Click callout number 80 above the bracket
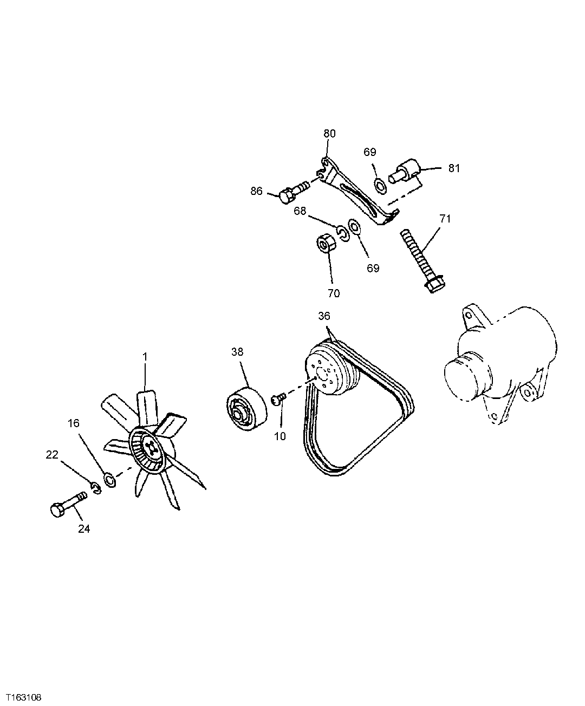[x=329, y=133]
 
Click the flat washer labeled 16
[x=109, y=479]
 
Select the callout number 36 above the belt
[x=324, y=316]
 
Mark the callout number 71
[x=445, y=219]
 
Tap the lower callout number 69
[x=373, y=268]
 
